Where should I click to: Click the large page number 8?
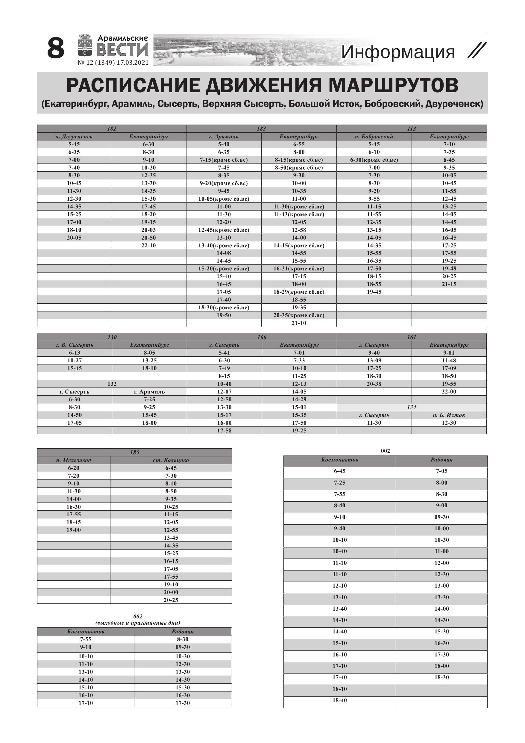click(x=56, y=49)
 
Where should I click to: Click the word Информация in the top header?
click(x=397, y=52)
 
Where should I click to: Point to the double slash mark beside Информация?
click(x=477, y=51)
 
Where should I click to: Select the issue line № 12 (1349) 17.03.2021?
click(x=113, y=63)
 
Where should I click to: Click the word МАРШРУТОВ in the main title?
click(x=393, y=85)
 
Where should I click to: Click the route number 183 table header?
click(x=261, y=128)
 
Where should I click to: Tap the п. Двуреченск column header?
click(x=74, y=137)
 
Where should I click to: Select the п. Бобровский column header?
click(x=374, y=137)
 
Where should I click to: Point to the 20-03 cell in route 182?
click(x=148, y=230)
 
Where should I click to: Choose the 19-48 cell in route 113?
click(x=449, y=269)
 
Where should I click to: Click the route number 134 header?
click(x=412, y=407)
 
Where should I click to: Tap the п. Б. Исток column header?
click(x=449, y=415)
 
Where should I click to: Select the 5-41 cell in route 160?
click(x=224, y=353)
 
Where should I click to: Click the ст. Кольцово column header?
click(x=171, y=460)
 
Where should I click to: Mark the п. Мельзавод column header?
click(x=73, y=460)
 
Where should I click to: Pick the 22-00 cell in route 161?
click(x=449, y=391)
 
